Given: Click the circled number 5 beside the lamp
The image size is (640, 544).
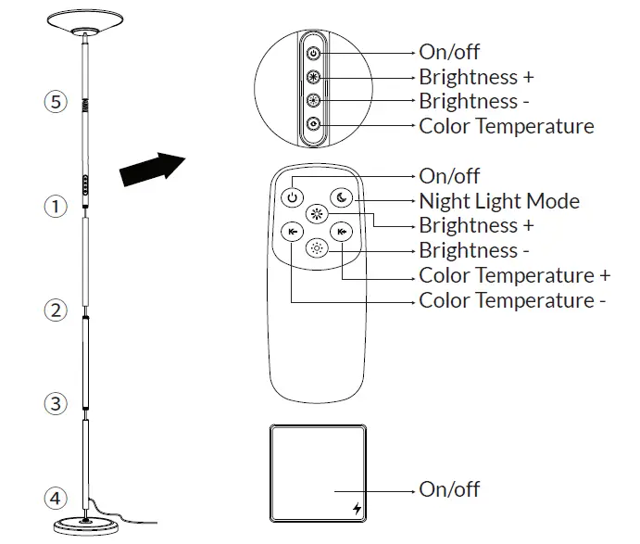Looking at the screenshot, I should click(56, 102).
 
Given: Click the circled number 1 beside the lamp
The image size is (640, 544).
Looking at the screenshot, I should click(56, 207).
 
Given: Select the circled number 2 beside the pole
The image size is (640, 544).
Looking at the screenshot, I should click(56, 310).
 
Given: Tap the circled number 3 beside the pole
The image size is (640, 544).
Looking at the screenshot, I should click(56, 404).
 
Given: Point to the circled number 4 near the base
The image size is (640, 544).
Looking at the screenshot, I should click(56, 499).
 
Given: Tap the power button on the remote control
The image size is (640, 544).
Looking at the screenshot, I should click(293, 196).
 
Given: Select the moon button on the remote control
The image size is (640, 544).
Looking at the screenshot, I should click(341, 196).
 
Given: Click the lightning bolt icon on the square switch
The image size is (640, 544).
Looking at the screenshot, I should click(358, 508).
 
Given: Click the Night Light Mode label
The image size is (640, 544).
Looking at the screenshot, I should click(499, 201).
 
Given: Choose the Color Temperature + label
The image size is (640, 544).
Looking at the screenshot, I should click(514, 275).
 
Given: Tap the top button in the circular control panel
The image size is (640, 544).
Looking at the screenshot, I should click(313, 54).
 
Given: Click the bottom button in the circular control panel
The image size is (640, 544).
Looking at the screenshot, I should click(313, 124).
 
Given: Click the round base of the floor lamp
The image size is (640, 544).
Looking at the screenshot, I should click(86, 525).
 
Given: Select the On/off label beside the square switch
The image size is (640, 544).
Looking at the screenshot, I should click(449, 488).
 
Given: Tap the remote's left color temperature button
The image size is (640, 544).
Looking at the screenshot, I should click(293, 232).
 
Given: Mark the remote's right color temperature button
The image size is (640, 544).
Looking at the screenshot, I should click(343, 232).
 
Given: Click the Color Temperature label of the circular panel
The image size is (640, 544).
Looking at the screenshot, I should click(506, 126).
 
